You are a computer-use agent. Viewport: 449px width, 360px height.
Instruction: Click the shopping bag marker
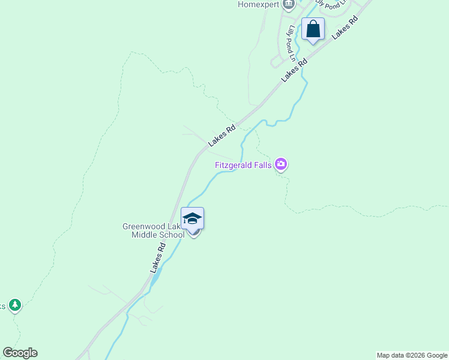pyautogui.click(x=313, y=29)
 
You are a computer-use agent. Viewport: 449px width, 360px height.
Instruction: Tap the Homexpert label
pyautogui.click(x=259, y=5)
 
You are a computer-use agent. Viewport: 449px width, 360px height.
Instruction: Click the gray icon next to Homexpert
pyautogui.click(x=289, y=5)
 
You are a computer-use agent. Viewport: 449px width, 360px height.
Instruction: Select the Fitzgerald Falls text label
pyautogui.click(x=243, y=164)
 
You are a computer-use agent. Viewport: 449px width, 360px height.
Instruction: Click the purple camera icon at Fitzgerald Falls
pyautogui.click(x=280, y=164)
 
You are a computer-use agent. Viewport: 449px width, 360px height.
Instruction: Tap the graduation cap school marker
pyautogui.click(x=192, y=218)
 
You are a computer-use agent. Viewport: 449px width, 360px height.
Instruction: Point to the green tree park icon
pyautogui.click(x=15, y=305)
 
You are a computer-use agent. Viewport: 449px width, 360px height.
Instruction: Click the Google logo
pyautogui.click(x=20, y=353)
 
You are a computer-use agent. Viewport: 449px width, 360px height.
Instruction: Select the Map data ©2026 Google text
pyautogui.click(x=412, y=355)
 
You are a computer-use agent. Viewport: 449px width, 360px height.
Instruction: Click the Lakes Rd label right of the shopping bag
pyautogui.click(x=345, y=29)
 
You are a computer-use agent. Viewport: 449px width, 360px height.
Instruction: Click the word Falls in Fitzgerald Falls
pyautogui.click(x=261, y=164)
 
